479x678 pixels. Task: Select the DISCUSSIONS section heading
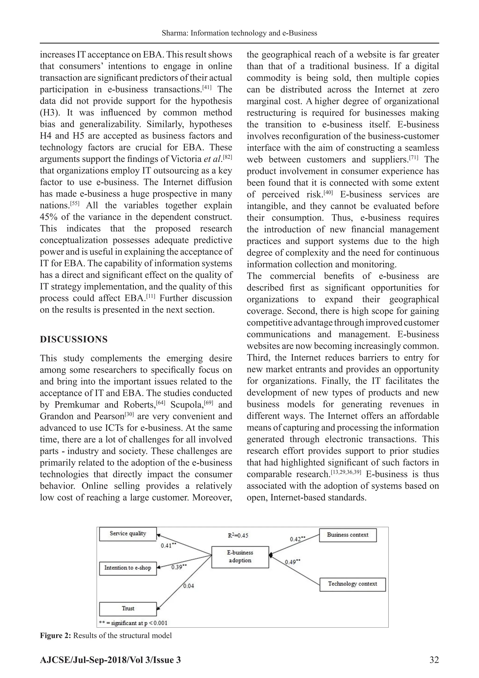point(74,339)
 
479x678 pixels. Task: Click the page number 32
point(434,660)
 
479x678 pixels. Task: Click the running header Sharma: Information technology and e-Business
point(239,33)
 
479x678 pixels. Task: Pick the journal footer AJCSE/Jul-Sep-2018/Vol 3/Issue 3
point(110,660)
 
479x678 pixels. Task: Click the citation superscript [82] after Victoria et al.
point(227,157)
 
